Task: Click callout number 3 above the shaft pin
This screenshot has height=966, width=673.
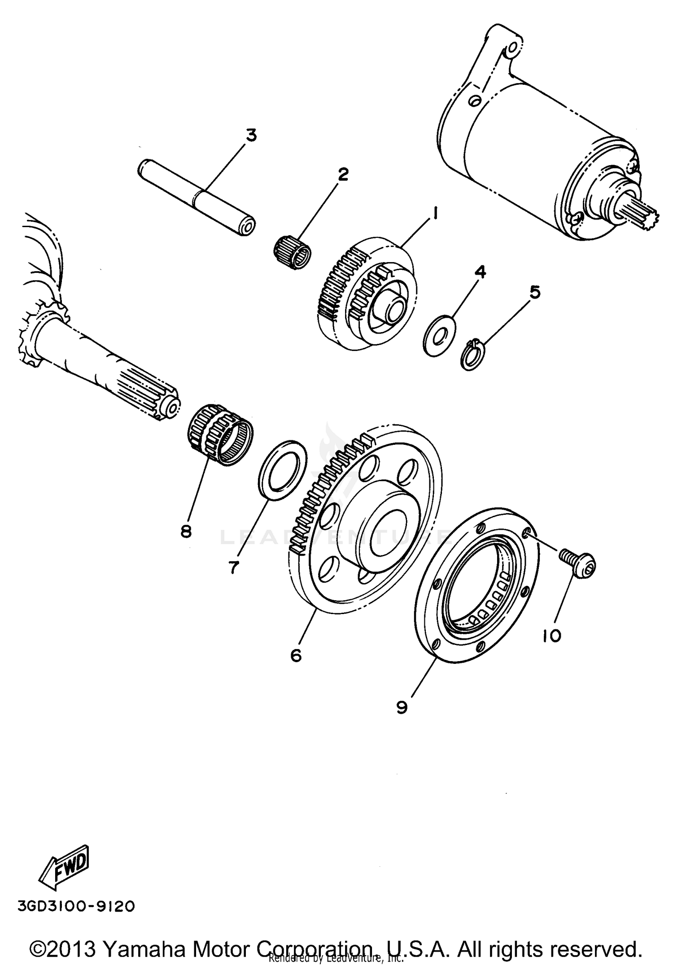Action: point(251,135)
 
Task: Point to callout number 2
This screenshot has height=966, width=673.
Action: point(343,174)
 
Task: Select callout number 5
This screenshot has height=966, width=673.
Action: point(535,292)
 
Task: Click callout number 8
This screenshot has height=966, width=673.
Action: point(186,531)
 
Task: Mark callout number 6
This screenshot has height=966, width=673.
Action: point(296,655)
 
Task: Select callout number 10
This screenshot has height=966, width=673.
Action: point(552,635)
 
